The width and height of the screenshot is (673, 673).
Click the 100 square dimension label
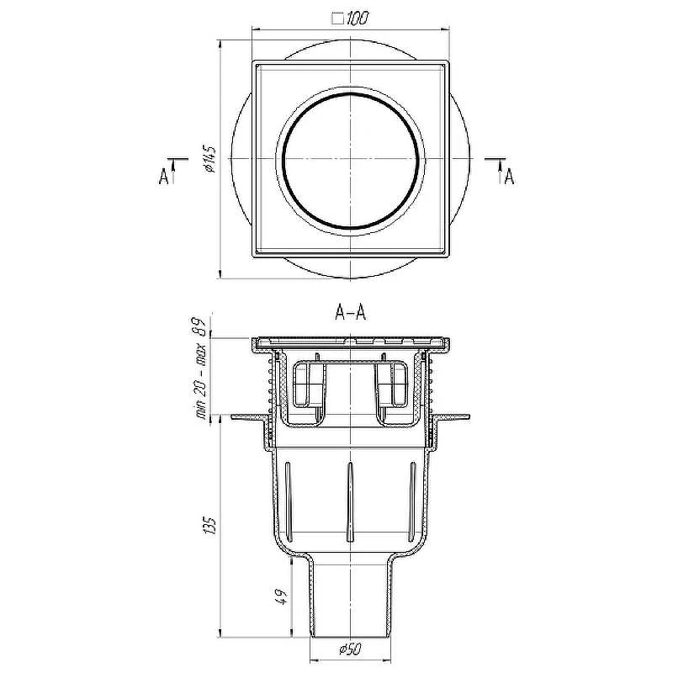click(x=350, y=19)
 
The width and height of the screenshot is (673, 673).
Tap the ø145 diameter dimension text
click(x=210, y=159)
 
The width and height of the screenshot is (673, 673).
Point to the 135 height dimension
click(x=210, y=525)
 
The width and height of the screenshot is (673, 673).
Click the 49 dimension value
click(x=281, y=597)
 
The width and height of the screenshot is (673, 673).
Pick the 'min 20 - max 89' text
click(x=201, y=368)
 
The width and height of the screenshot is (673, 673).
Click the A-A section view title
click(x=350, y=312)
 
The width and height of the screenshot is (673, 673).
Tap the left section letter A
click(x=163, y=176)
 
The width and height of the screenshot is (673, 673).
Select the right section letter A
click(x=509, y=176)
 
